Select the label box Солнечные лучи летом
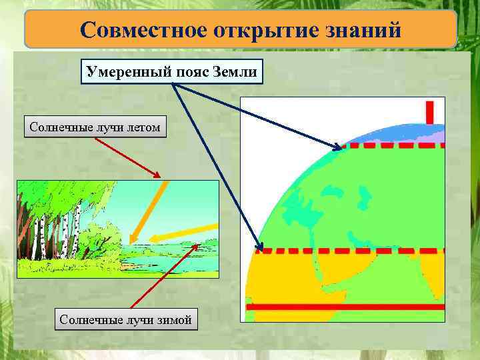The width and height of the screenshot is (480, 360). click(x=95, y=126)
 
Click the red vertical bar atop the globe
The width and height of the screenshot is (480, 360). click(x=429, y=111)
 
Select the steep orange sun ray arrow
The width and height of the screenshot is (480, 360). click(x=147, y=211)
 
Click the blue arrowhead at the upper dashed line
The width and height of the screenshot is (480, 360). click(x=337, y=146)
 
